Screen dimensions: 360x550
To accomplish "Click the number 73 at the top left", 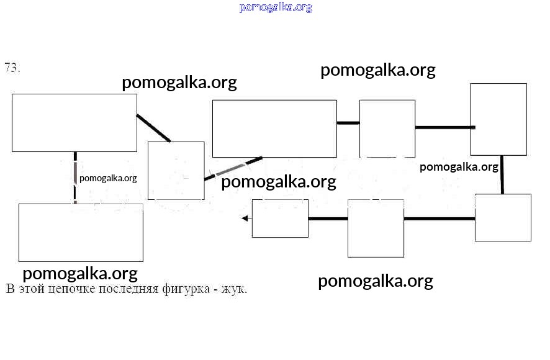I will pyautogui.click(x=12, y=68).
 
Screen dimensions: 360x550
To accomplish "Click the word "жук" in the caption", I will pyautogui.click(x=236, y=289).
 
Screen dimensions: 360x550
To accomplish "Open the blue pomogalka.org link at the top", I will pyautogui.click(x=275, y=7).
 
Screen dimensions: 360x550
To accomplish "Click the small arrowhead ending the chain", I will pyautogui.click(x=246, y=218).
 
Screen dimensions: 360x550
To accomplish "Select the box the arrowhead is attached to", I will pyautogui.click(x=280, y=218).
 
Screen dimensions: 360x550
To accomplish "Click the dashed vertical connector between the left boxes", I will pyautogui.click(x=75, y=178).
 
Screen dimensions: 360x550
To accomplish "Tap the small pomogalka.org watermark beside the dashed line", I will pyautogui.click(x=108, y=178).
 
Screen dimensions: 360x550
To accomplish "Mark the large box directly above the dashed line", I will pyautogui.click(x=74, y=123).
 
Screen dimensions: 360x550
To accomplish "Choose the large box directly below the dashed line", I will pyautogui.click(x=81, y=232).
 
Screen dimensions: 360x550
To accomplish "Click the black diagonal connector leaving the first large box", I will pyautogui.click(x=153, y=128).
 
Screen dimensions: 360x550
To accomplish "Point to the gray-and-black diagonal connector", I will pyautogui.click(x=233, y=168).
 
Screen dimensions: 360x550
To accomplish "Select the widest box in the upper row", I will pyautogui.click(x=274, y=128).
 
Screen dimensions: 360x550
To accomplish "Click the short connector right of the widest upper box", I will pyautogui.click(x=348, y=123).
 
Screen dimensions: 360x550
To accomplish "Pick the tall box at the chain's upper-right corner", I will pyautogui.click(x=498, y=119).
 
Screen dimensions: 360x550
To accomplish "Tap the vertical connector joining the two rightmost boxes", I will pyautogui.click(x=502, y=174).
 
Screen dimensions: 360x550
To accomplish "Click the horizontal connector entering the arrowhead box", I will pyautogui.click(x=328, y=218).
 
